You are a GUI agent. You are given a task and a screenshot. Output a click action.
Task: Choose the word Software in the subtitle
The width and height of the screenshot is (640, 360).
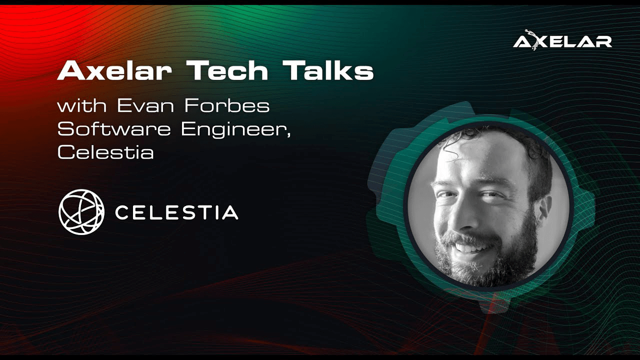114,129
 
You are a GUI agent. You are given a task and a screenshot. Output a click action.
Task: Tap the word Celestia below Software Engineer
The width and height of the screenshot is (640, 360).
105,152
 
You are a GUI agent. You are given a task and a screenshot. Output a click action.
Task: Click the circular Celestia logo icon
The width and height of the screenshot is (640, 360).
81,212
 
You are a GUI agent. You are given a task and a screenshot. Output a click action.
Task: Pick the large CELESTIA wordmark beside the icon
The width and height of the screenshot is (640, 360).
176,212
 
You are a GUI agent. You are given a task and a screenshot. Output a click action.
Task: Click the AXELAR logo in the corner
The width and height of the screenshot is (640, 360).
562,41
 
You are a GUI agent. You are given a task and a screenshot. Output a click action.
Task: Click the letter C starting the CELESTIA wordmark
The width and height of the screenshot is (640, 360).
122,212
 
